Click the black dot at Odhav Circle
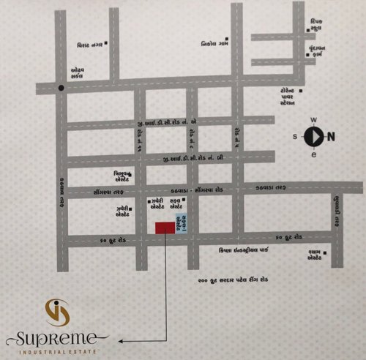(x=61, y=89)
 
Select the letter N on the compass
(x=331, y=135)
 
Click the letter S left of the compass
(x=296, y=136)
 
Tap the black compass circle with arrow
(x=313, y=136)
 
